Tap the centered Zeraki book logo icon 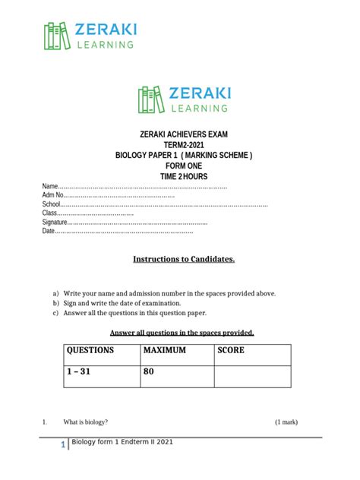[151, 99]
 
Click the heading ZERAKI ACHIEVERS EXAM [184, 134]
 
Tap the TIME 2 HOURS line [184, 177]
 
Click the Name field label [49, 186]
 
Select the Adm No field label [53, 195]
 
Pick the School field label [51, 204]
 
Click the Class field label [49, 213]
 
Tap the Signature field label [55, 223]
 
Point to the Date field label [49, 232]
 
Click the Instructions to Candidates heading [184, 260]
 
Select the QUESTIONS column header [90, 351]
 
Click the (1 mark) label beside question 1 [286, 422]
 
